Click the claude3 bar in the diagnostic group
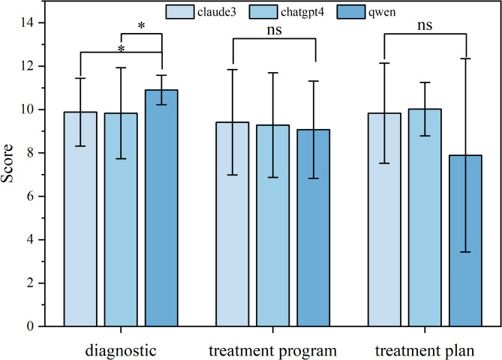coord(80,219)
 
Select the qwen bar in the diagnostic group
coord(161,208)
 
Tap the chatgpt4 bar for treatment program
coord(273,226)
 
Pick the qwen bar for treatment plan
coord(465,241)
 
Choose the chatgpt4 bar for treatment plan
coord(425,217)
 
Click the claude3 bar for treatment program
coord(233,224)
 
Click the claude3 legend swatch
coord(180,12)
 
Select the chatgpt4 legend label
coord(302,12)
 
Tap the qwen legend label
coord(382,13)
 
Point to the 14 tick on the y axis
coord(41,22)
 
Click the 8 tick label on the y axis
coord(31,153)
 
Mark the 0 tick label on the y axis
coord(31,326)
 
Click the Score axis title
coord(7,163)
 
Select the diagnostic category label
coord(121,351)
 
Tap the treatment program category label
coord(273,351)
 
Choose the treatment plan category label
coord(425,351)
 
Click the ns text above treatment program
coord(275,30)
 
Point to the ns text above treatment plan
coord(425,25)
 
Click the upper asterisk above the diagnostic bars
coord(141,25)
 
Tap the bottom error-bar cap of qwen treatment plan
coord(465,252)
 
